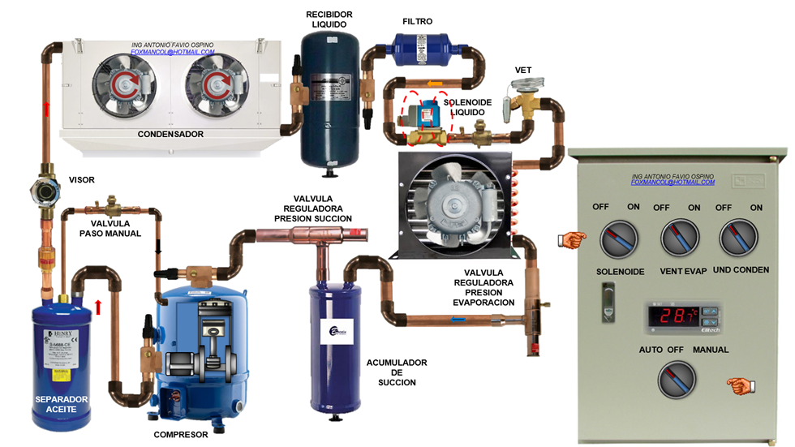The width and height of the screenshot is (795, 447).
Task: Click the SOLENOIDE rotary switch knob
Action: [620, 240]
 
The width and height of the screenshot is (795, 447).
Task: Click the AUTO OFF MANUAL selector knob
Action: [678, 379]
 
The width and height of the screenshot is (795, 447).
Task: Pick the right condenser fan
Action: [213, 80]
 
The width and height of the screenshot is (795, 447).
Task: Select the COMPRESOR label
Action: [181, 435]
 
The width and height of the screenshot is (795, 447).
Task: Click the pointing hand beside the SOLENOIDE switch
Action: [572, 239]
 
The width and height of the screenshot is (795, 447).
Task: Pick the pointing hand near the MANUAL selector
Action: [741, 386]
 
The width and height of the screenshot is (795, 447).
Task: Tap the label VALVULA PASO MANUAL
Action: [110, 228]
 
